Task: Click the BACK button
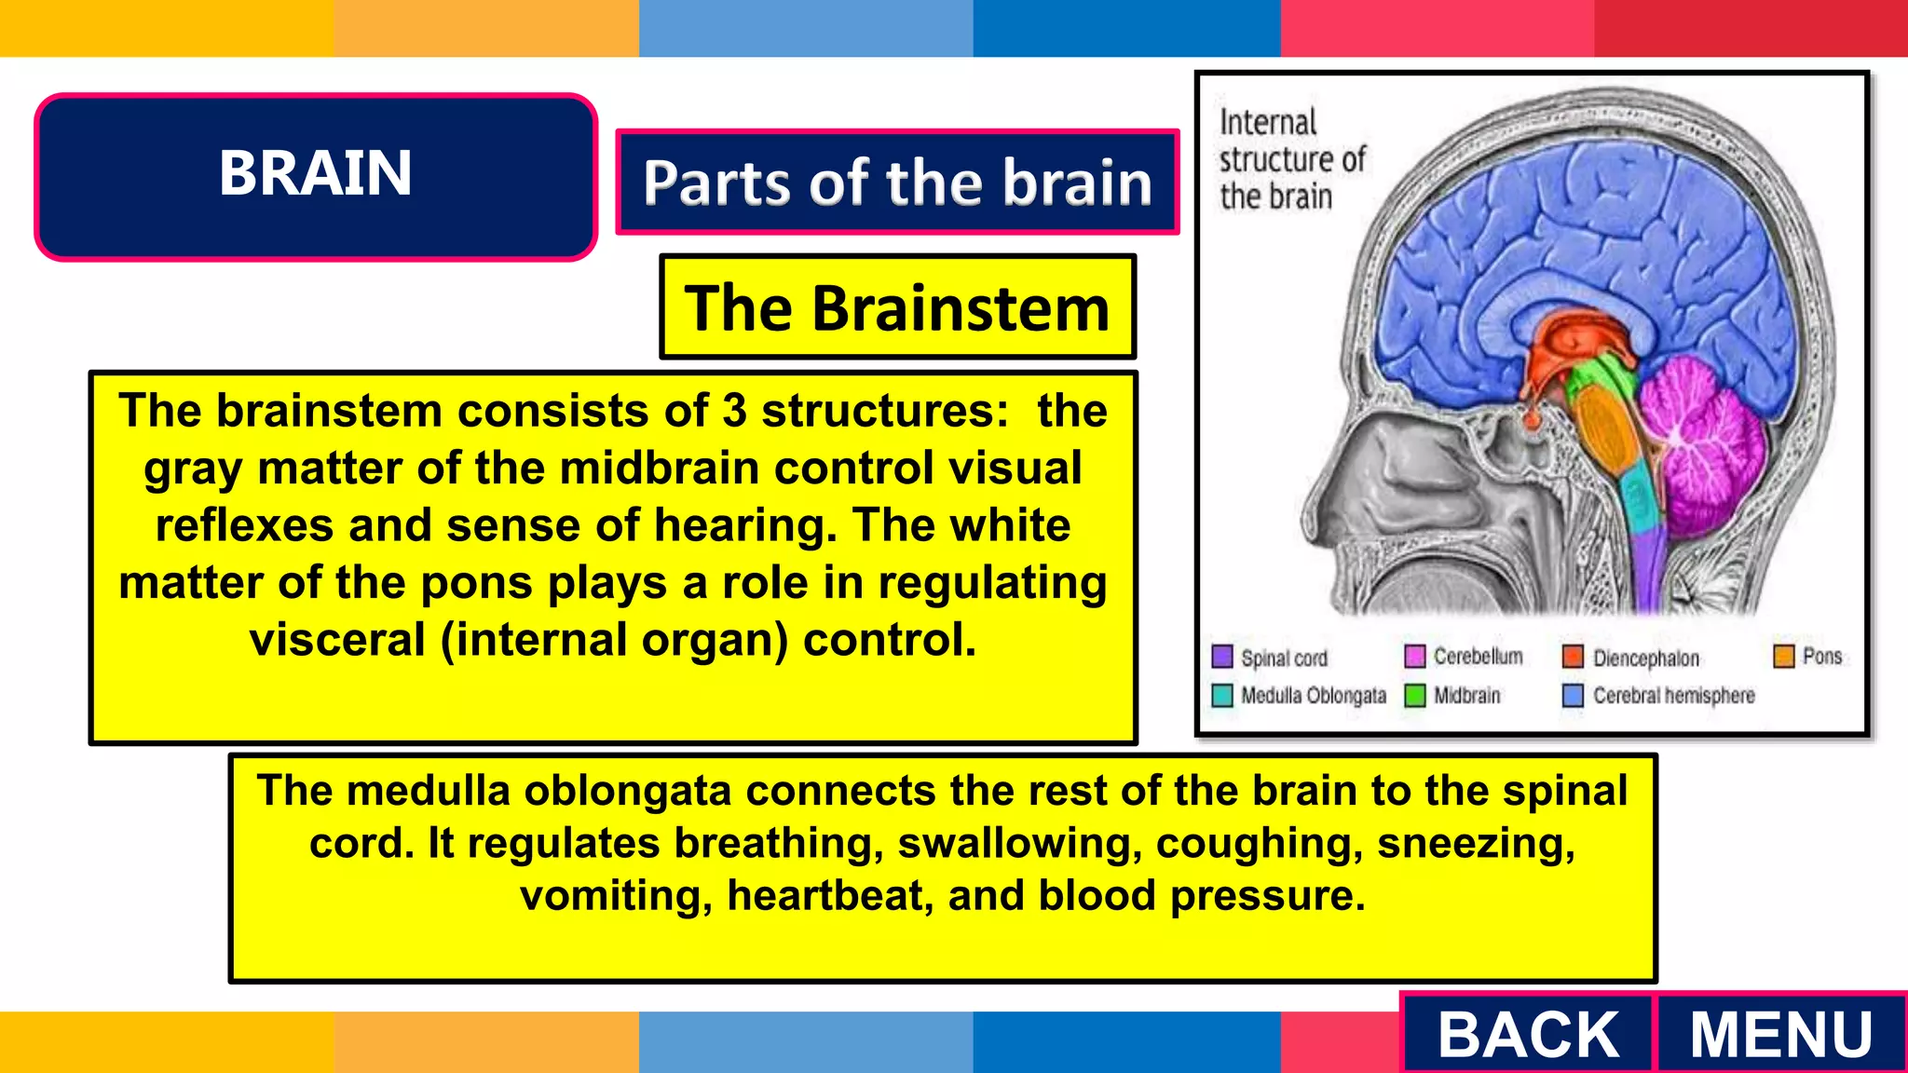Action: click(x=1528, y=1034)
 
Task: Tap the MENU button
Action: click(x=1780, y=1034)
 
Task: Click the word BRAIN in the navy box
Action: click(x=315, y=174)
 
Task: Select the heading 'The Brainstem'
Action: click(x=897, y=307)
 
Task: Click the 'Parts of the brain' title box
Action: click(x=897, y=182)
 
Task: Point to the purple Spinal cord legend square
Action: click(x=1222, y=657)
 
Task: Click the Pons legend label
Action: click(x=1821, y=657)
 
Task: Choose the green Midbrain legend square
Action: click(x=1415, y=696)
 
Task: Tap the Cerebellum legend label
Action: click(x=1478, y=657)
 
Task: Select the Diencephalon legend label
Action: click(x=1645, y=659)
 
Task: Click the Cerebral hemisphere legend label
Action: click(x=1673, y=696)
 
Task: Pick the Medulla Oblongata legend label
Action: click(x=1313, y=696)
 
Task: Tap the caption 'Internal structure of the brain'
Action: click(x=1290, y=159)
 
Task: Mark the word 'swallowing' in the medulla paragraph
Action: click(x=1019, y=844)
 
